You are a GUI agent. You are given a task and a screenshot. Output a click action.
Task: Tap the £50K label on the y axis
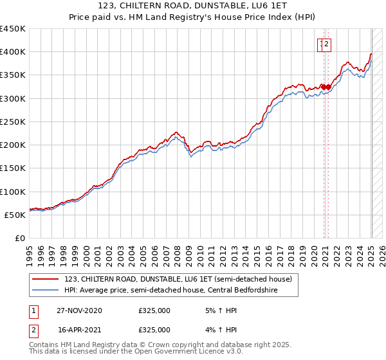coord(15,215)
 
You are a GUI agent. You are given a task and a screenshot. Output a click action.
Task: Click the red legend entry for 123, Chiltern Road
coord(178,279)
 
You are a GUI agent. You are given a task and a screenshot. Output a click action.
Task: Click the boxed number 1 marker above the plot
coord(320,44)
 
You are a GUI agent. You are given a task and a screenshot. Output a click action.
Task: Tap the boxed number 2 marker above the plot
coord(327,44)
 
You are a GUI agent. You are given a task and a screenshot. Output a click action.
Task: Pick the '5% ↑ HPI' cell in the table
coord(220,311)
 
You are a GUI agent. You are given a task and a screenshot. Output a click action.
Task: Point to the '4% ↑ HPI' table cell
coord(220,330)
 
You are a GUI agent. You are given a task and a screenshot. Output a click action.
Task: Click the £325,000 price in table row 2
coord(154,330)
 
